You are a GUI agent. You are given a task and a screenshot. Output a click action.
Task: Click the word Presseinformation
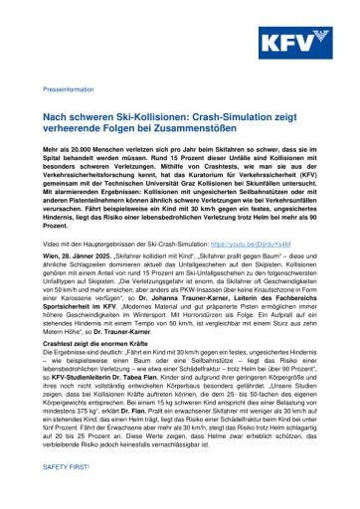tap(70, 90)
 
